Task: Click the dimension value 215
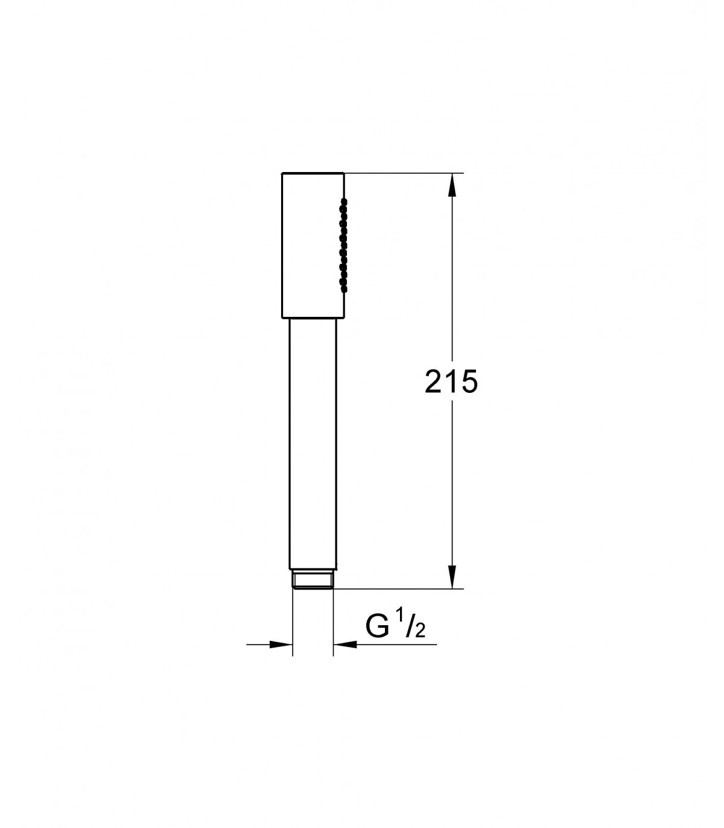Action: tap(451, 381)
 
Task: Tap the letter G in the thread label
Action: tap(377, 626)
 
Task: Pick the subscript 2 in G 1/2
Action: tap(420, 631)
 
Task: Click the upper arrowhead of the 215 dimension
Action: tap(452, 185)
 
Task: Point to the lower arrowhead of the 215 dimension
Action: tap(452, 576)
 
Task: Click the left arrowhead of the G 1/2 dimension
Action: tap(281, 644)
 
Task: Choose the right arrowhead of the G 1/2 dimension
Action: tap(345, 644)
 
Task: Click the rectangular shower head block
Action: tap(313, 245)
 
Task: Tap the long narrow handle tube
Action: tap(313, 444)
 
